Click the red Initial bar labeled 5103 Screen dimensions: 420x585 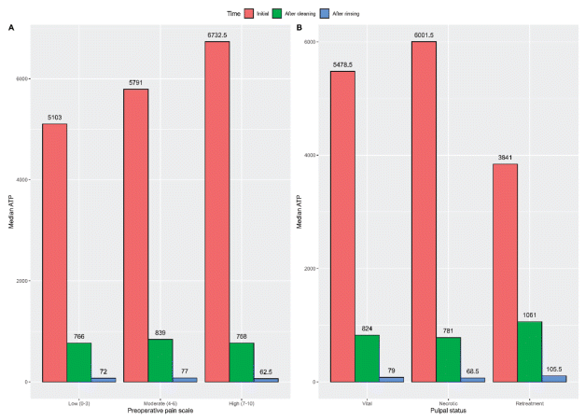[54, 252]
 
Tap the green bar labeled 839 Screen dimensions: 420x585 [160, 359]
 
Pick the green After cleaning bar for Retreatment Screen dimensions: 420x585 [528, 351]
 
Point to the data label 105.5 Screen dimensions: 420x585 [553, 368]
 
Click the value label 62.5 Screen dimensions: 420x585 [266, 371]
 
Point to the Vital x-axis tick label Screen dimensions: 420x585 [367, 402]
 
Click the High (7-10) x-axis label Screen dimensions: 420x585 [241, 402]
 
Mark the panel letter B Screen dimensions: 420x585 [299, 28]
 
